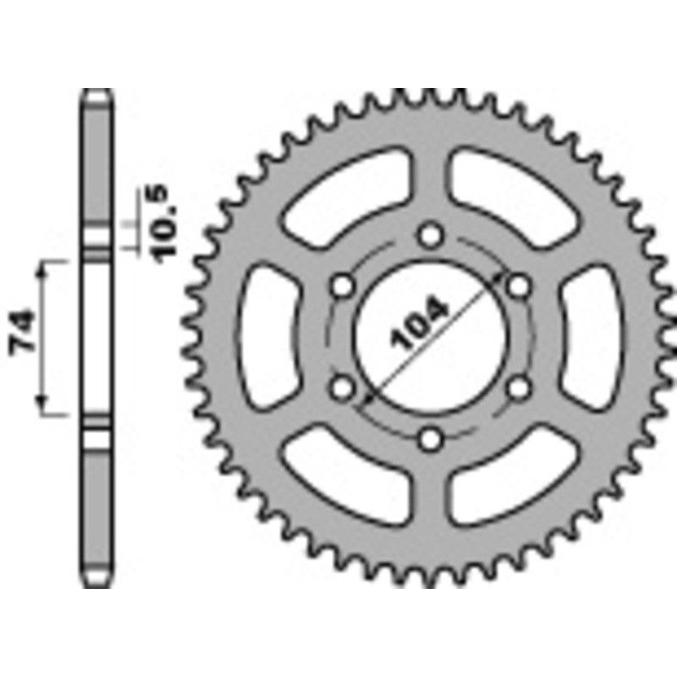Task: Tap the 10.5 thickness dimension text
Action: click(x=164, y=223)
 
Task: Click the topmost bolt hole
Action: click(x=432, y=234)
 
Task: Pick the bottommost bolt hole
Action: click(x=432, y=438)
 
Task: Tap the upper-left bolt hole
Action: click(x=343, y=285)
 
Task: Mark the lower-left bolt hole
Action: click(x=343, y=388)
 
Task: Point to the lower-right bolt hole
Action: click(x=520, y=388)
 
